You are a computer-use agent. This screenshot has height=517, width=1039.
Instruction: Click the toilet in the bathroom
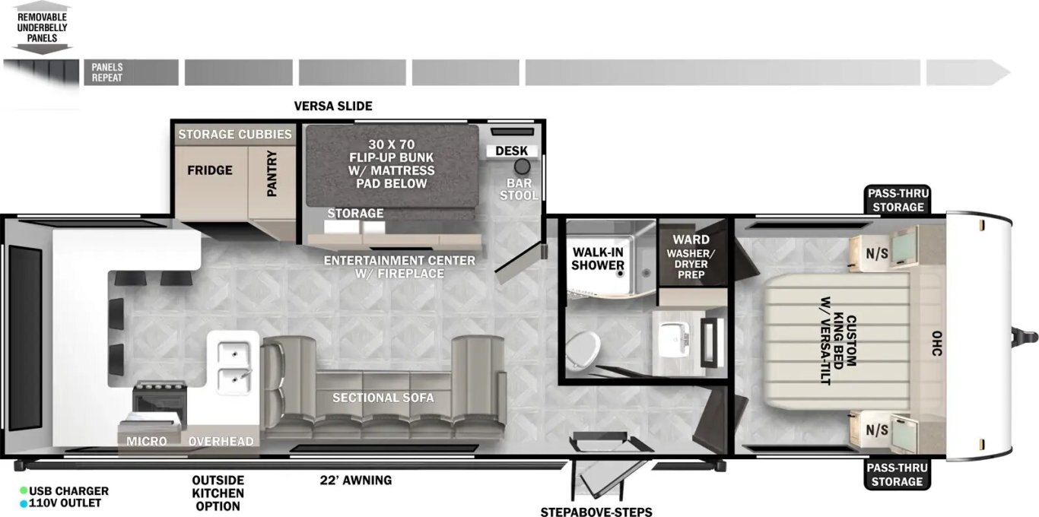tap(583, 349)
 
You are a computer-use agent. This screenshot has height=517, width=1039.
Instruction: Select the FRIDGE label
tap(210, 170)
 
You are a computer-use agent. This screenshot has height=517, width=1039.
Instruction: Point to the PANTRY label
tap(272, 173)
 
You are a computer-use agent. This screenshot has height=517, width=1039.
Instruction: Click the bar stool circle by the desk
tap(523, 167)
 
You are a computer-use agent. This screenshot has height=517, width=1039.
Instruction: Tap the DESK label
tap(511, 151)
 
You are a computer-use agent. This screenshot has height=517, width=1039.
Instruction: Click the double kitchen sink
tap(234, 367)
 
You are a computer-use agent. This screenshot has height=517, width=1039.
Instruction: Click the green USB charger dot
tap(23, 490)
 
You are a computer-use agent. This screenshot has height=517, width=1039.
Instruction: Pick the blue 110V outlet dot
tap(23, 503)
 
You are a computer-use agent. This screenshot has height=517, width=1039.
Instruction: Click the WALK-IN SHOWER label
tap(597, 258)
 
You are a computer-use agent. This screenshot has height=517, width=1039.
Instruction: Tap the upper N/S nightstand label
tap(877, 253)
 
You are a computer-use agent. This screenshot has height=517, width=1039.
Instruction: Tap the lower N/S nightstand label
tap(877, 430)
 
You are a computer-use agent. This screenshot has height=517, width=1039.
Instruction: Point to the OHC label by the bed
tap(936, 344)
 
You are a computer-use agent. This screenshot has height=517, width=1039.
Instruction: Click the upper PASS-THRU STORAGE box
tap(898, 200)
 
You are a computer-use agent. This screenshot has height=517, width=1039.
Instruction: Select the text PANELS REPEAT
tap(106, 73)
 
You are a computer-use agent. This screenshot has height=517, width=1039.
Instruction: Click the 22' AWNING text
tap(356, 481)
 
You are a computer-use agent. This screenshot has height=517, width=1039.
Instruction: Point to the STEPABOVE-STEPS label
tap(596, 512)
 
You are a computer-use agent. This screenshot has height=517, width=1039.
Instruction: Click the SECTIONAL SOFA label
tap(383, 398)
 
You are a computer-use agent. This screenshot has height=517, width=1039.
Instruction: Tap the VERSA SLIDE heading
tap(333, 106)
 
